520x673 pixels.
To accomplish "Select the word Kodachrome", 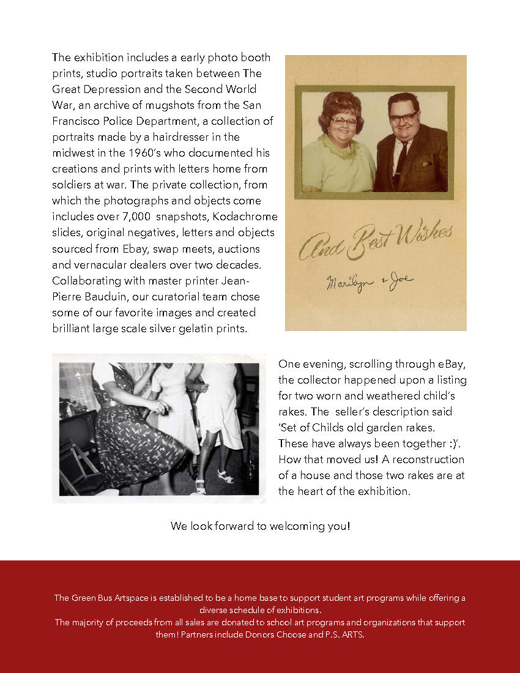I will pyautogui.click(x=247, y=217).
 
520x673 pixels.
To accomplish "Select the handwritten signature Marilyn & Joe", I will pyautogui.click(x=369, y=281).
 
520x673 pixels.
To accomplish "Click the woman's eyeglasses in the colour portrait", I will pyautogui.click(x=343, y=121).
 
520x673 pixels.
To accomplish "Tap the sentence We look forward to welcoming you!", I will pyautogui.click(x=260, y=526).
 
